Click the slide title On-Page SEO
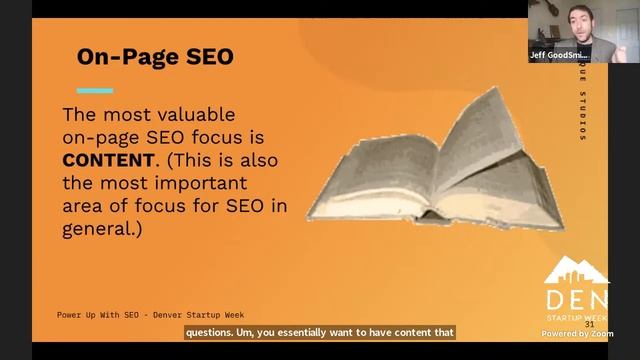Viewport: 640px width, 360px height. coord(155,57)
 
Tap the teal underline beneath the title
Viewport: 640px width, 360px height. coord(95,91)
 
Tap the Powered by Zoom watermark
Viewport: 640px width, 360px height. coord(577,334)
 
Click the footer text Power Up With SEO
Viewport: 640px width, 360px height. coord(99,314)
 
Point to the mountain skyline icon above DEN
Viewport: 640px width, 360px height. coord(577,271)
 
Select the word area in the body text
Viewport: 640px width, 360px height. coord(83,206)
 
